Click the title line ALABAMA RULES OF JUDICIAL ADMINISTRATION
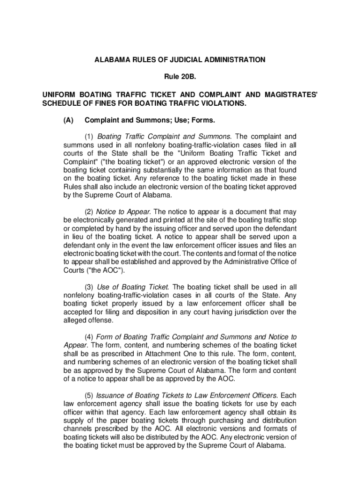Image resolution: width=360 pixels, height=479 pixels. (x=180, y=60)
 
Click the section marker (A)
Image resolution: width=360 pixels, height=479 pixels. (x=68, y=120)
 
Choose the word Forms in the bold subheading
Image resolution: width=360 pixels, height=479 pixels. (x=204, y=120)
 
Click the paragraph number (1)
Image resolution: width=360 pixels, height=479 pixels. (x=89, y=137)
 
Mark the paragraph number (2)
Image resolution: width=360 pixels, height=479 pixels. (x=89, y=211)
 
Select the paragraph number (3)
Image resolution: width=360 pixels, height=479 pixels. (x=89, y=287)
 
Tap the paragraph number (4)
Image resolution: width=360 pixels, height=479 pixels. (x=89, y=337)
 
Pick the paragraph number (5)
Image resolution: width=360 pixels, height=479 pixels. (x=89, y=395)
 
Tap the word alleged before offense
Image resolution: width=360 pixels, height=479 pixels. (x=74, y=320)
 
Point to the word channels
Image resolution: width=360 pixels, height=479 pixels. (x=78, y=428)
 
